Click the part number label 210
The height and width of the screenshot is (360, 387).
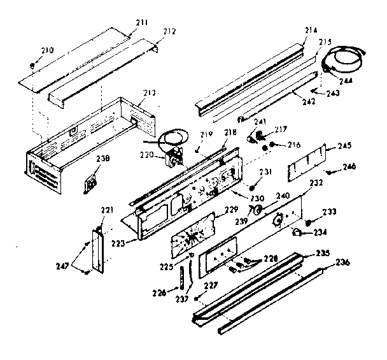pyautogui.click(x=48, y=50)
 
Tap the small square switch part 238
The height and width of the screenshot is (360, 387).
pyautogui.click(x=91, y=184)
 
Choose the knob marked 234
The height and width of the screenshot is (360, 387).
pyautogui.click(x=298, y=234)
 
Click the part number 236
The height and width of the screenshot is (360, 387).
pyautogui.click(x=342, y=263)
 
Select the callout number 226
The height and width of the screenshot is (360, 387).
pyautogui.click(x=160, y=292)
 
